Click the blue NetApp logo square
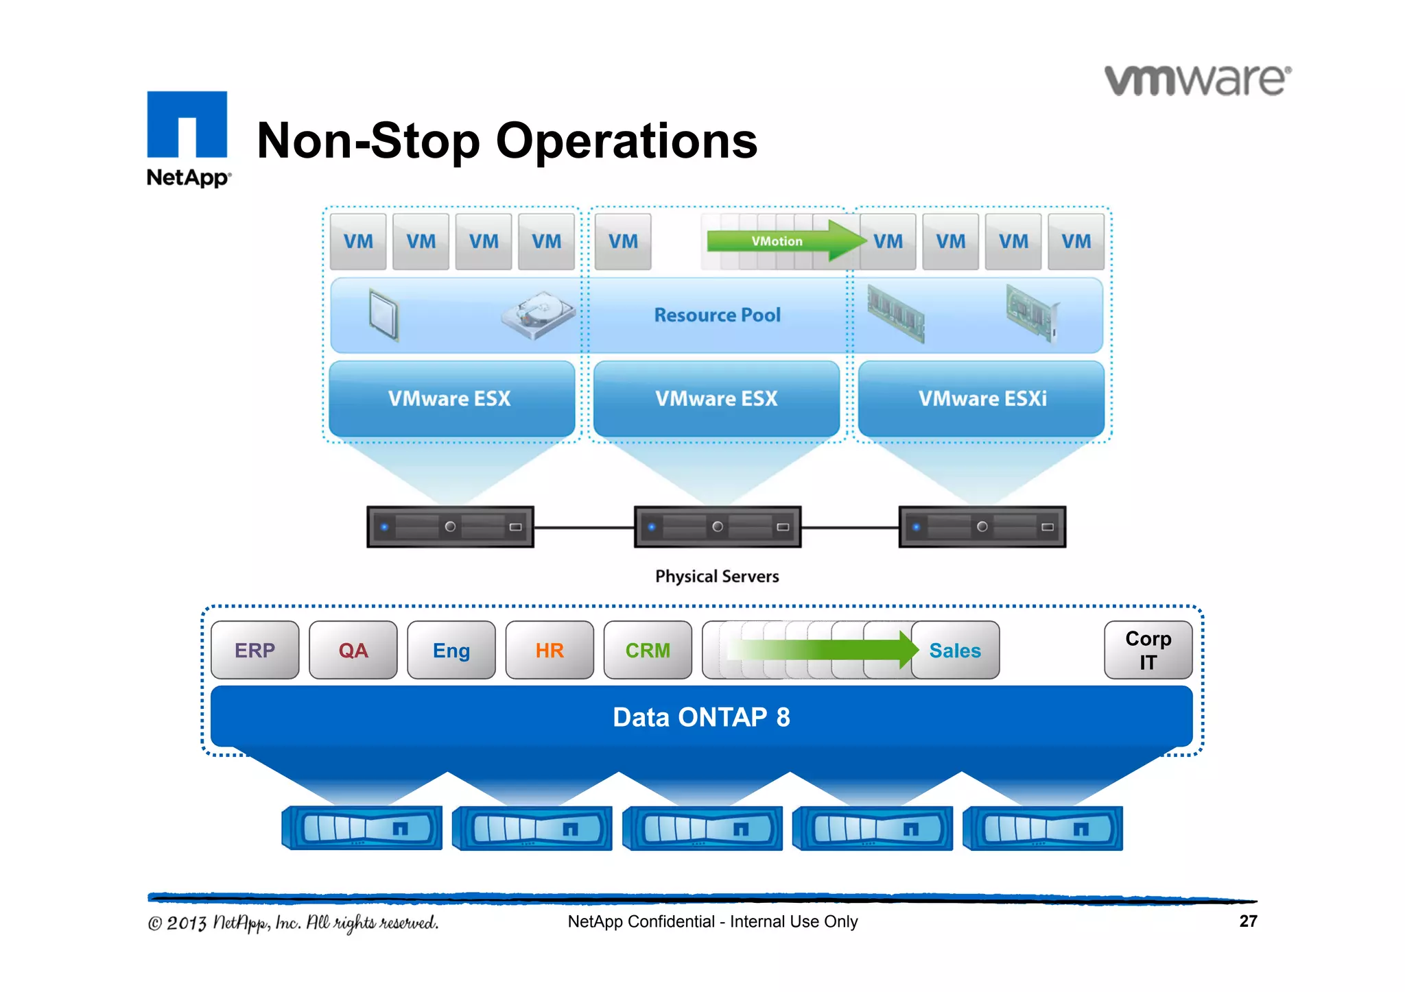(187, 124)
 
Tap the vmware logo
(1197, 80)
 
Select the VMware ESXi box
(982, 398)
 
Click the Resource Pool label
(717, 315)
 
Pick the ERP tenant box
(255, 650)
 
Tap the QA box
(353, 650)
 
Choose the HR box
(550, 650)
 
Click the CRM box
(648, 650)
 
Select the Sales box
(955, 650)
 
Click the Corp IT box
(1148, 650)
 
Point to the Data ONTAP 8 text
(701, 717)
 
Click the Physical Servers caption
(717, 577)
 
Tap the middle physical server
(717, 527)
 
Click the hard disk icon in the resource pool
(539, 315)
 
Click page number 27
(1248, 921)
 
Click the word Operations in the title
(626, 141)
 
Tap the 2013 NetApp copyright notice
(294, 923)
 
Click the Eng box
(451, 650)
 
